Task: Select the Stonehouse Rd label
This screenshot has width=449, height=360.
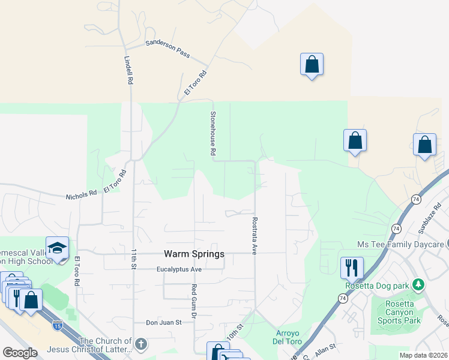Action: [x=212, y=133]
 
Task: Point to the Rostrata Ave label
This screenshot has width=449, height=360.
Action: [x=255, y=236]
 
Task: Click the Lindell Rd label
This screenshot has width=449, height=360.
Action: [x=128, y=70]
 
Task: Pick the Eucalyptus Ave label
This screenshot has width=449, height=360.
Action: [x=179, y=269]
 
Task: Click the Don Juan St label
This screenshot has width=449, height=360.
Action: [x=164, y=322]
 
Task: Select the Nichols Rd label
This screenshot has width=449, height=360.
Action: [x=81, y=194]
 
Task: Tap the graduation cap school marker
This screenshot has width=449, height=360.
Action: [x=57, y=248]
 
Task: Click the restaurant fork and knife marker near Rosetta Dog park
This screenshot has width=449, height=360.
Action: [x=352, y=266]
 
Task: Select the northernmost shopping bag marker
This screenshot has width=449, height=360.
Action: [x=312, y=64]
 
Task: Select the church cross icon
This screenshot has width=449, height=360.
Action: [x=140, y=344]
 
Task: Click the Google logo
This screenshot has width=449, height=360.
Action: [x=20, y=353]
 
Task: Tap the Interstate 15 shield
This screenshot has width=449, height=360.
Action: [x=57, y=325]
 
